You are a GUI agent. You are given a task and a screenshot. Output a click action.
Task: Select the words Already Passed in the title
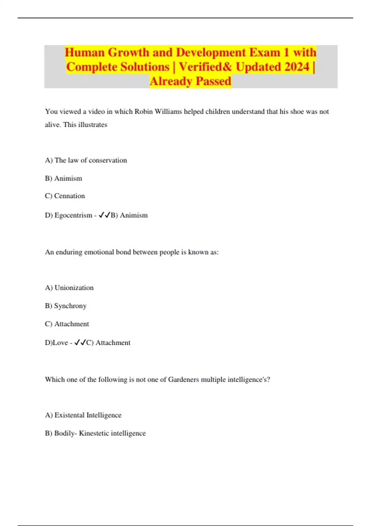pyautogui.click(x=190, y=81)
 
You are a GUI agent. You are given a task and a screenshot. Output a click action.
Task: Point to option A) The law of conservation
pyautogui.click(x=86, y=160)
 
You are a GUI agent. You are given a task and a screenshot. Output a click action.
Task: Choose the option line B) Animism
pyautogui.click(x=63, y=179)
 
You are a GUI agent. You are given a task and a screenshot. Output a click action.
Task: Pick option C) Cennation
pyautogui.click(x=65, y=196)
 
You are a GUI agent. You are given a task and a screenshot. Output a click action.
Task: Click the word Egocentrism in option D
pyautogui.click(x=73, y=215)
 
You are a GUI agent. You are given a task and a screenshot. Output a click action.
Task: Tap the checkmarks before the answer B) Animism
pyautogui.click(x=104, y=215)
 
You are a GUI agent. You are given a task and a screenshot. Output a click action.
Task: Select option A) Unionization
pyautogui.click(x=69, y=288)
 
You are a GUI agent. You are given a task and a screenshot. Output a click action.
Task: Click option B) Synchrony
pyautogui.click(x=66, y=306)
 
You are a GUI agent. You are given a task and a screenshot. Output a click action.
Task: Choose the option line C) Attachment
pyautogui.click(x=67, y=324)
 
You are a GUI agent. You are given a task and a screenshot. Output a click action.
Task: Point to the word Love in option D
pyautogui.click(x=61, y=343)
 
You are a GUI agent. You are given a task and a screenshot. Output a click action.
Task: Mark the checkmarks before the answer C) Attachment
pyautogui.click(x=80, y=343)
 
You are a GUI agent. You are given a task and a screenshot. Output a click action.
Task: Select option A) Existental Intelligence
pyautogui.click(x=83, y=415)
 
